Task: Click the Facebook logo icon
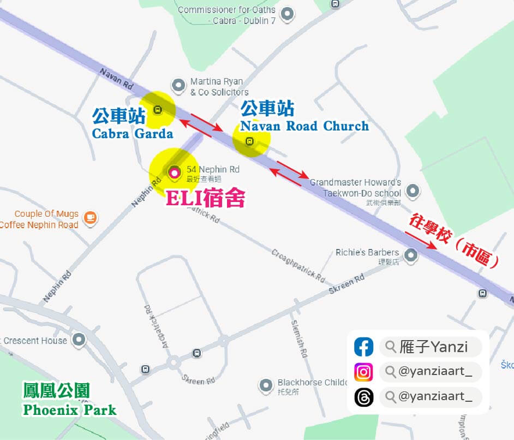click(x=363, y=347)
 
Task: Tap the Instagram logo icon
click(x=363, y=372)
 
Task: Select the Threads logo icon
click(x=363, y=397)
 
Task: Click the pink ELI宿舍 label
click(x=205, y=198)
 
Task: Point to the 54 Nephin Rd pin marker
click(x=174, y=173)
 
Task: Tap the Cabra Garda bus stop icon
click(x=157, y=109)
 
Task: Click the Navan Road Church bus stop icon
click(x=250, y=142)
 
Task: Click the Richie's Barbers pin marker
click(x=411, y=255)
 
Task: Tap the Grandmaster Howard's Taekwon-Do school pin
click(x=414, y=191)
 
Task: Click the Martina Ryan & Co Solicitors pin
click(x=178, y=85)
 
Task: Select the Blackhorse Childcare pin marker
click(x=266, y=385)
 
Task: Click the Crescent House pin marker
click(x=80, y=340)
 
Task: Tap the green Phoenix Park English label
click(x=70, y=409)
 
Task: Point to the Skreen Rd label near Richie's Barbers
click(x=346, y=285)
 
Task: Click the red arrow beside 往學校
click(x=421, y=240)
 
